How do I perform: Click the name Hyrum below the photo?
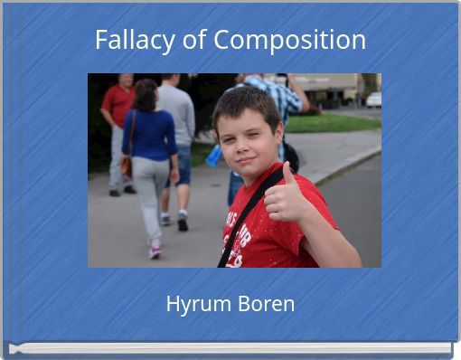(194, 304)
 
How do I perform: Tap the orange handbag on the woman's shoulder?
(127, 165)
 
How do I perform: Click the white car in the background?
(373, 99)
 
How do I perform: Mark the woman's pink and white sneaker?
(155, 251)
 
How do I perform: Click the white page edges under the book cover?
(230, 348)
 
